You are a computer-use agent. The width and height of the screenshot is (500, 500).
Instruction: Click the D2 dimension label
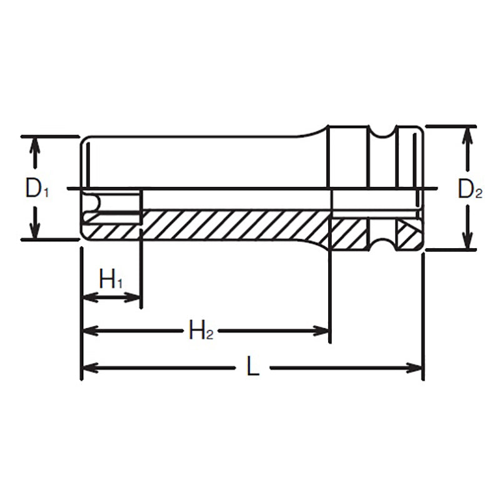[x=470, y=189]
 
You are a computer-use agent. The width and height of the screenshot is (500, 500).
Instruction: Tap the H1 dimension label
[x=111, y=279]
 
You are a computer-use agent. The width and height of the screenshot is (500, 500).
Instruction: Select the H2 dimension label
[x=201, y=329]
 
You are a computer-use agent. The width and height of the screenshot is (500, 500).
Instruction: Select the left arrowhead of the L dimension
[x=90, y=367]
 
